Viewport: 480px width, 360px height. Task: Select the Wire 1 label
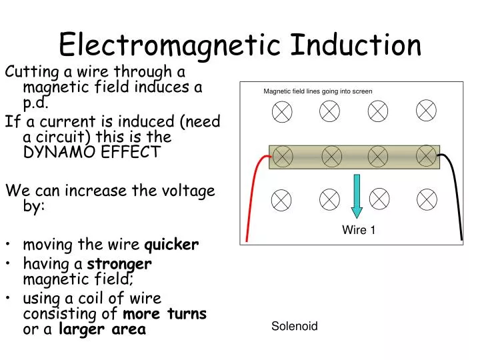click(x=359, y=230)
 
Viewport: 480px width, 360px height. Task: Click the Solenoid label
click(x=294, y=326)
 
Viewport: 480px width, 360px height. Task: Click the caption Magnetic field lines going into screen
click(x=318, y=91)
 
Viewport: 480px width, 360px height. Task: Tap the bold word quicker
click(x=171, y=244)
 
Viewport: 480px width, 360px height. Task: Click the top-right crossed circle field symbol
click(x=426, y=110)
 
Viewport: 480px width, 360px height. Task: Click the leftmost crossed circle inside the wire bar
click(x=283, y=157)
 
